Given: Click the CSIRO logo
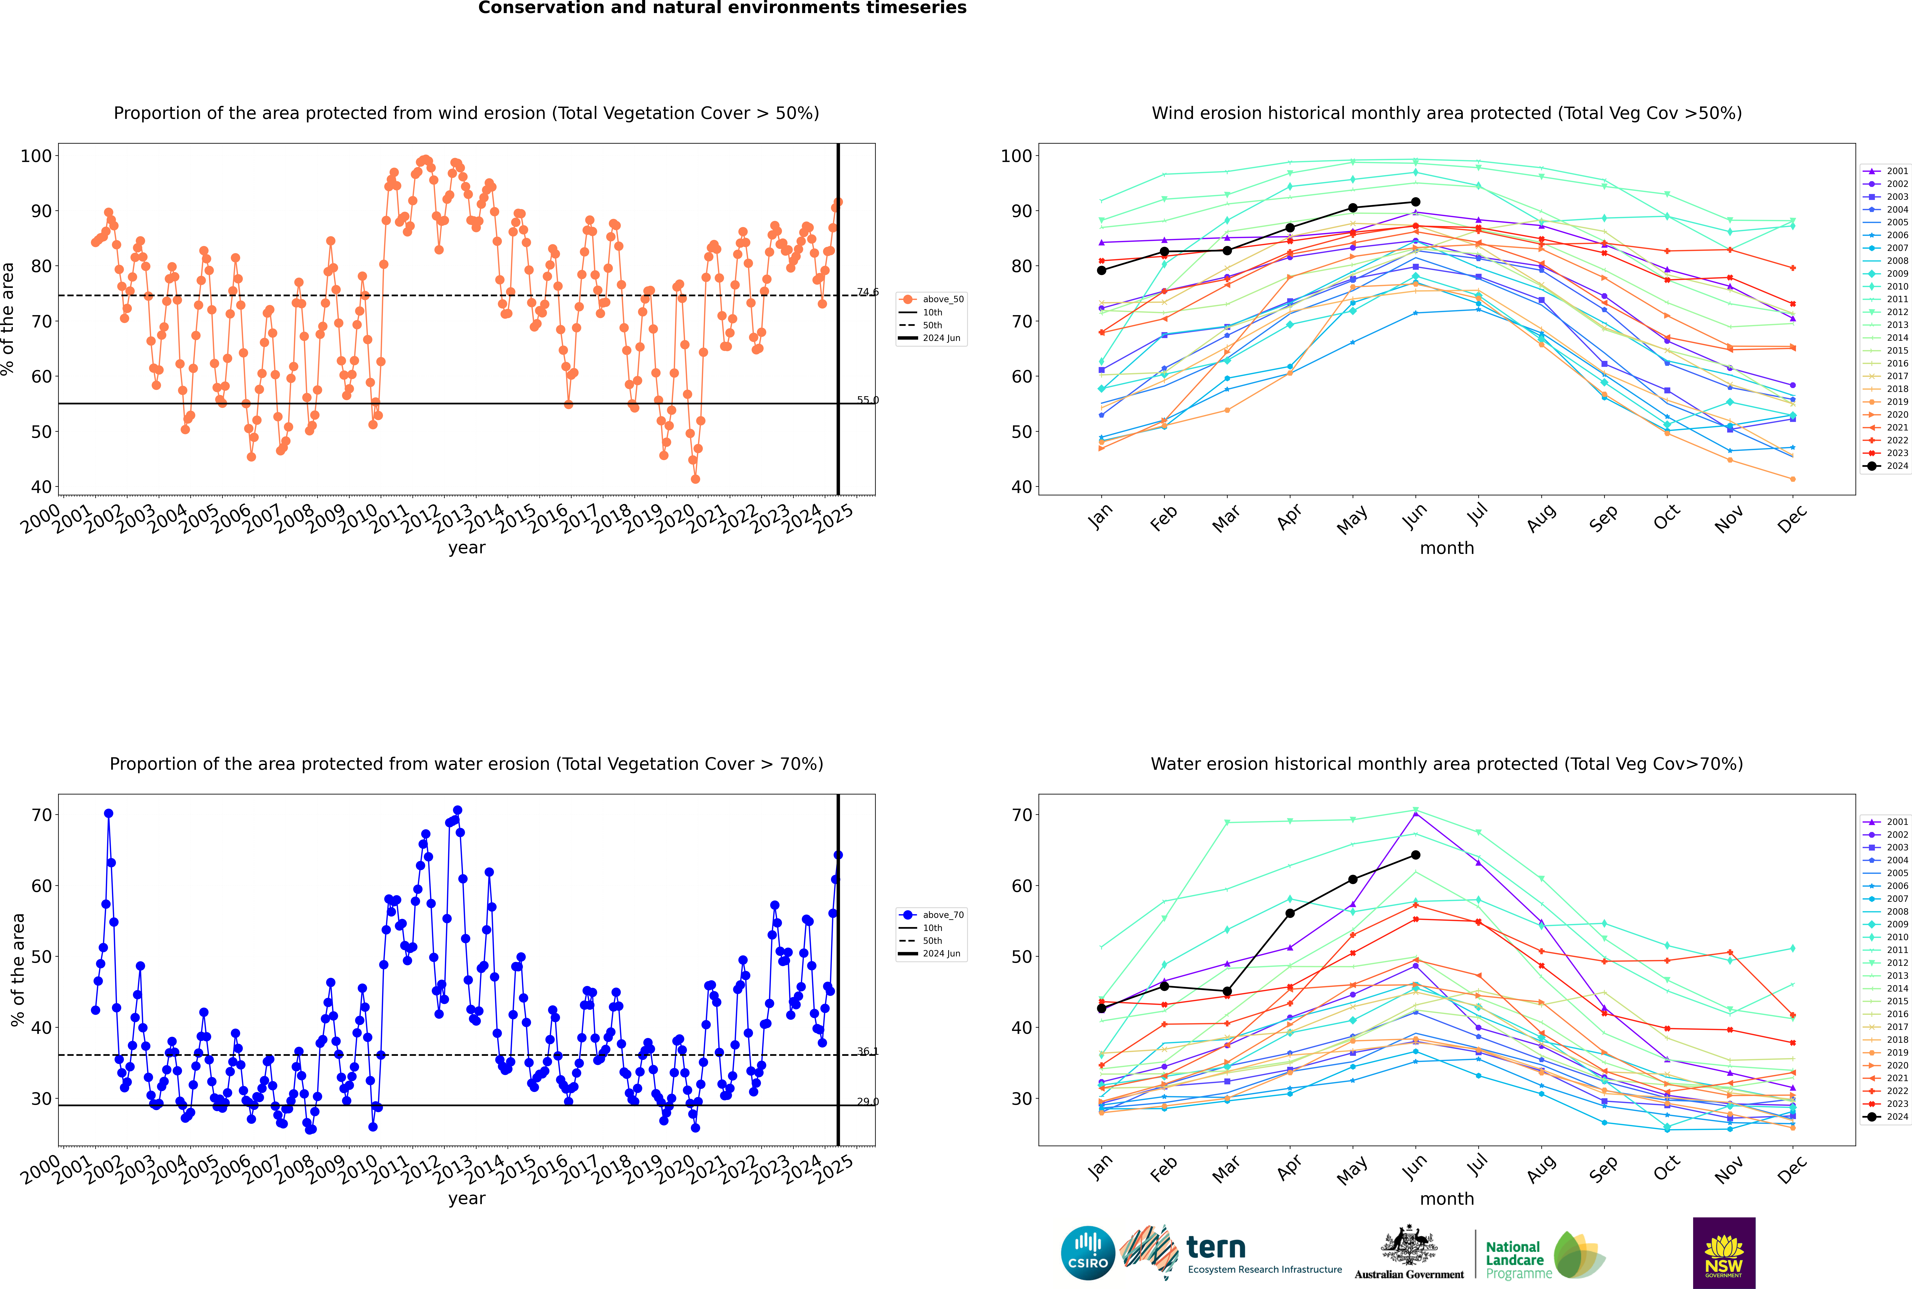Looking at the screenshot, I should click(x=1087, y=1254).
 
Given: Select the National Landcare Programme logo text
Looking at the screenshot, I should click(x=1514, y=1259).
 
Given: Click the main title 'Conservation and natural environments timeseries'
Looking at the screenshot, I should click(x=722, y=8).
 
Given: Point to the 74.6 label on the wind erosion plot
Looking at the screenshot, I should click(x=867, y=292).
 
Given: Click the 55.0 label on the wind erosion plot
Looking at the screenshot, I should click(x=867, y=400).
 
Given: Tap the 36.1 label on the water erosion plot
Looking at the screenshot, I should click(x=867, y=1052).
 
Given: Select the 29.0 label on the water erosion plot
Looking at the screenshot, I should click(x=867, y=1102).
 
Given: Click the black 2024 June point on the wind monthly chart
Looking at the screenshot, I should click(x=1415, y=202).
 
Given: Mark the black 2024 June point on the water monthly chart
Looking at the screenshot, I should click(x=1415, y=855).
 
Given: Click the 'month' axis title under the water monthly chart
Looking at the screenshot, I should click(x=1447, y=1199).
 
